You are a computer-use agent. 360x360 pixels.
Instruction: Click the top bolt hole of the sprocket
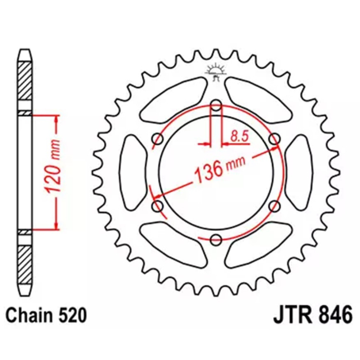(x=216, y=107)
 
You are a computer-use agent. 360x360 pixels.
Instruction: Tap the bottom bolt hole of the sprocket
(x=216, y=239)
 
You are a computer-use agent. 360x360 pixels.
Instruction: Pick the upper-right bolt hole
(x=274, y=139)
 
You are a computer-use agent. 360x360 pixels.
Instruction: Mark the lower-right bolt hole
(x=274, y=206)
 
